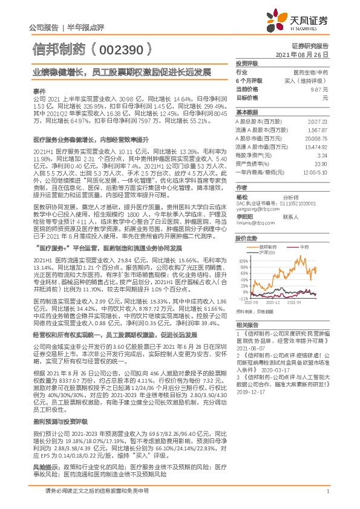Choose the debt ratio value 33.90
pyautogui.click(x=321, y=163)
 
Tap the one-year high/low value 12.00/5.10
pyautogui.click(x=317, y=171)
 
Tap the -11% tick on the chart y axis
pyautogui.click(x=243, y=299)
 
